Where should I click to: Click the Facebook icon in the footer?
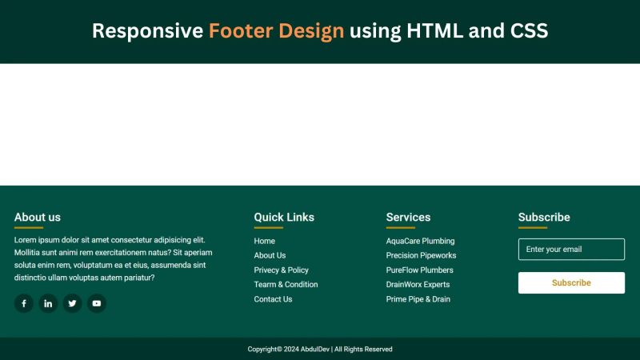pos(24,303)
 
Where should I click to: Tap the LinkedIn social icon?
pos(48,303)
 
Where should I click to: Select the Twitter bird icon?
pos(72,303)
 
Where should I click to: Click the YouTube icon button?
pos(96,303)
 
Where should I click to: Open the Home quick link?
pos(264,241)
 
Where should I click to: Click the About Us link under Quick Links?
pos(270,255)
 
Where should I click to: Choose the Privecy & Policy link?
pos(281,270)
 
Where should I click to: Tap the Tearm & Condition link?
pos(286,285)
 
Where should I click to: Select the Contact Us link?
pos(273,299)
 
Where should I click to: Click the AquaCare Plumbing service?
pos(420,241)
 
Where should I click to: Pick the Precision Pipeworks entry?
pos(421,255)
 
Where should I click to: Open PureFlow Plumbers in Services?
pos(419,270)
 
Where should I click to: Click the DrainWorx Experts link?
pos(418,285)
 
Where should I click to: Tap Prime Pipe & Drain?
pos(418,299)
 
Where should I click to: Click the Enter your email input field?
pos(571,250)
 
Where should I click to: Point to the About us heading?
pos(38,217)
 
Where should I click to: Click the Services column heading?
pos(408,217)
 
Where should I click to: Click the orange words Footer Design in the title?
pos(276,31)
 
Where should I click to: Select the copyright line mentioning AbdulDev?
pos(320,350)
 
